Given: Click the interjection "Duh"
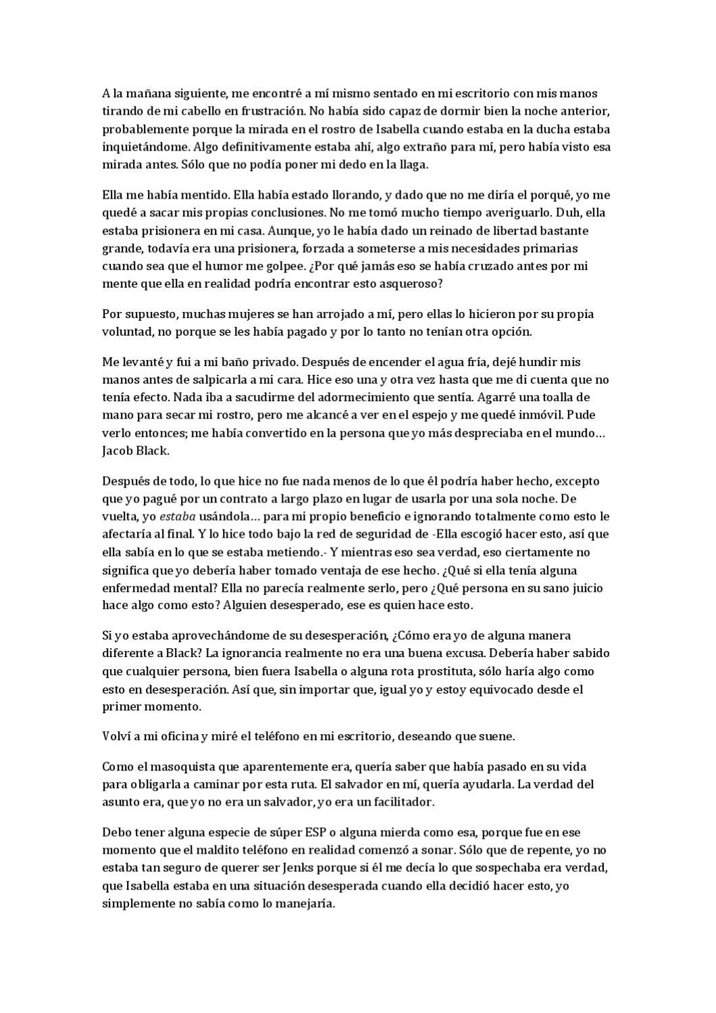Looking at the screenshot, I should [563, 213].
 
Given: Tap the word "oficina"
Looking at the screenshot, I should [176, 737].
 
